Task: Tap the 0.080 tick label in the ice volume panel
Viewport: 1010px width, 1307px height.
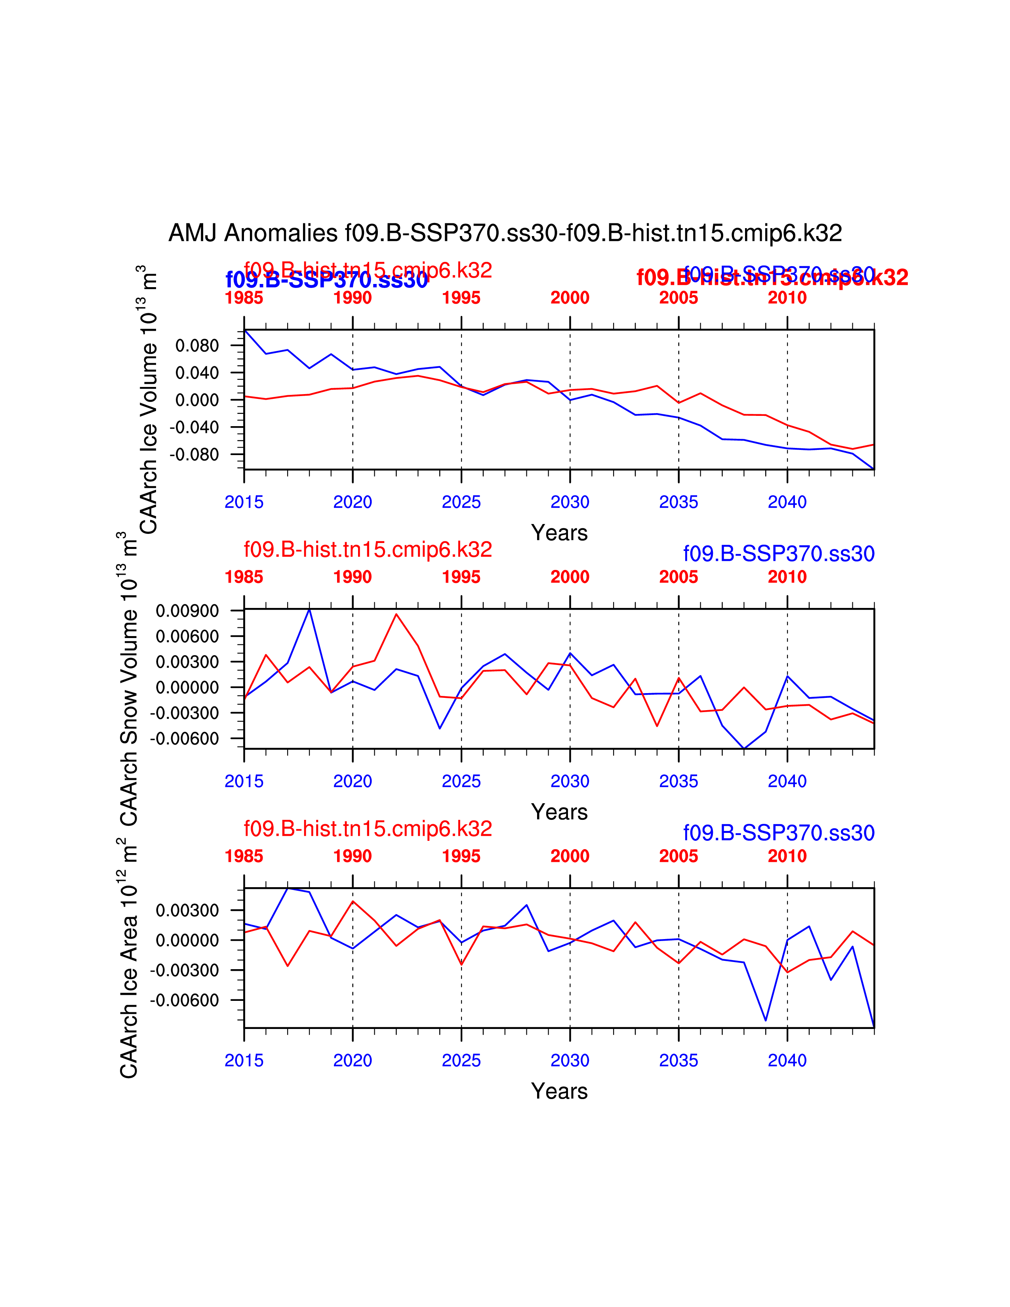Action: [x=197, y=345]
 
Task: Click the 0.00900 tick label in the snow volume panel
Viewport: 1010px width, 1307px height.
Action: [x=187, y=611]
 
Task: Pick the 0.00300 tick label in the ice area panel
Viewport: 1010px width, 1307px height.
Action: [x=187, y=910]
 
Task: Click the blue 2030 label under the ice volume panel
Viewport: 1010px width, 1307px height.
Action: [x=570, y=502]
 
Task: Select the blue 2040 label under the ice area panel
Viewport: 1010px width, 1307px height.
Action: [x=787, y=1060]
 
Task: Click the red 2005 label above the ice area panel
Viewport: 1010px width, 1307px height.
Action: [x=678, y=856]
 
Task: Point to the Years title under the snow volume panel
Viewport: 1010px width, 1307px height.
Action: [x=559, y=812]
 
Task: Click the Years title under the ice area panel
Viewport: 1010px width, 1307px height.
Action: [x=559, y=1092]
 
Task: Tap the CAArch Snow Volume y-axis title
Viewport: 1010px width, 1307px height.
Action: [x=129, y=679]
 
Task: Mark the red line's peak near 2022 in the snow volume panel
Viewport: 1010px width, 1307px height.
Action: [x=396, y=614]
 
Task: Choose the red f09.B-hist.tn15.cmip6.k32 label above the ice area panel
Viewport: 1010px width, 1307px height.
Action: [x=368, y=829]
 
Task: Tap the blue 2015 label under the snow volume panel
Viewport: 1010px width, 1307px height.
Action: [x=244, y=781]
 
